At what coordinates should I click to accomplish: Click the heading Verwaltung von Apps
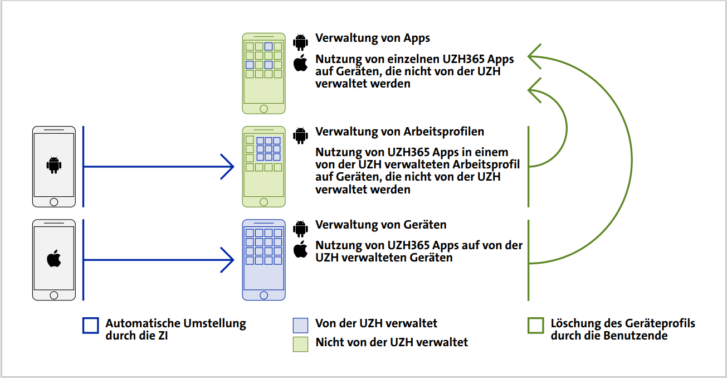[373, 38]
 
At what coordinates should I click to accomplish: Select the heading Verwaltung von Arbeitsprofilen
[399, 132]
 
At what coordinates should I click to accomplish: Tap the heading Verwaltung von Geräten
[380, 225]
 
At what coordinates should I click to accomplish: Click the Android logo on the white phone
[54, 165]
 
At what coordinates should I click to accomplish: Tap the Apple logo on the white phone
[54, 259]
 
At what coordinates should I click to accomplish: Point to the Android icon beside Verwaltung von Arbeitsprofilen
[301, 135]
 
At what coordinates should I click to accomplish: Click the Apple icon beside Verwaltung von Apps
[301, 63]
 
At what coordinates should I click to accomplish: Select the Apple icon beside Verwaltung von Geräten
[301, 249]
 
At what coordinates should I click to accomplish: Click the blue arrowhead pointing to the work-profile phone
[228, 166]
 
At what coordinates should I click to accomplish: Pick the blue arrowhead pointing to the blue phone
[228, 259]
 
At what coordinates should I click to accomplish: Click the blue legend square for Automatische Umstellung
[90, 326]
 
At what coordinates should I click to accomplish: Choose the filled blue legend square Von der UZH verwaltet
[300, 325]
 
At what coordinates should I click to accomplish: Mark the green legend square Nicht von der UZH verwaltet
[300, 344]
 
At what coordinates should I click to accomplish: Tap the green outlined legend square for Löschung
[536, 326]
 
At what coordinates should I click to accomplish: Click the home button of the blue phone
[264, 295]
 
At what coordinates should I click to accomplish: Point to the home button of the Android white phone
[54, 202]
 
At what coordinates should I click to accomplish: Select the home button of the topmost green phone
[264, 109]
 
